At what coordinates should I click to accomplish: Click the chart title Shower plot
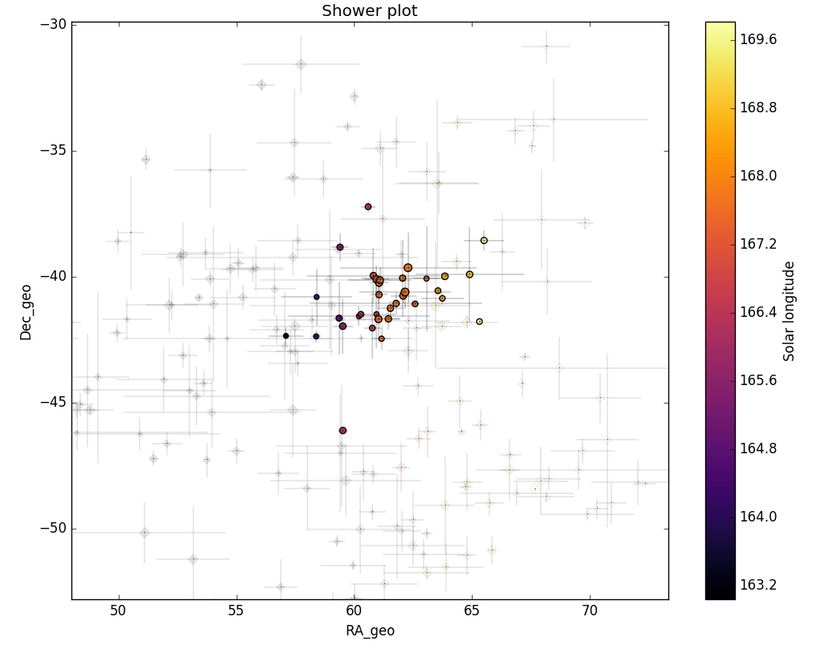(x=369, y=11)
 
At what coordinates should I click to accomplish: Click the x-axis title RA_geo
(x=370, y=631)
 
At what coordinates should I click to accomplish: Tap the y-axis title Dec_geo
(x=26, y=312)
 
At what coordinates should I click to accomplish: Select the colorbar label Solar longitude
(x=789, y=310)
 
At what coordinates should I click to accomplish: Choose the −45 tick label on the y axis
(x=54, y=403)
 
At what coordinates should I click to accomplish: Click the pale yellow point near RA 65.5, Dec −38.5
(x=484, y=241)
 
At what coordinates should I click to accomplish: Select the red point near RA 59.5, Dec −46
(x=343, y=431)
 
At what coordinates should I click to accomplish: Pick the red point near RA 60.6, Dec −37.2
(x=368, y=207)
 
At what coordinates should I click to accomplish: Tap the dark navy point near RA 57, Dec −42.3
(x=286, y=336)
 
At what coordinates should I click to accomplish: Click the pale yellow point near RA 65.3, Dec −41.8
(x=479, y=322)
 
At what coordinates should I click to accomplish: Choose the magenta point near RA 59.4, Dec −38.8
(x=340, y=247)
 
